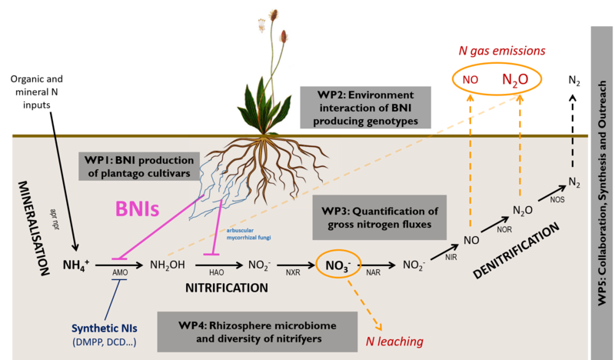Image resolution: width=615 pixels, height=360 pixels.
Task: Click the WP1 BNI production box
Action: tap(138, 164)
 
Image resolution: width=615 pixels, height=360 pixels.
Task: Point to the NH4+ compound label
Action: tap(77, 265)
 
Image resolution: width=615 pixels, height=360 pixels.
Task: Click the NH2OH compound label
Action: tap(168, 265)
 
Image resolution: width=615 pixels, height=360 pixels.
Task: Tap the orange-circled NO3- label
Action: tap(337, 265)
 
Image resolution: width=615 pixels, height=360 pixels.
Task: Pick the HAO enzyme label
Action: tap(218, 274)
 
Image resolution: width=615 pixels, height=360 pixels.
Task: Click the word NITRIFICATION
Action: tap(227, 288)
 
